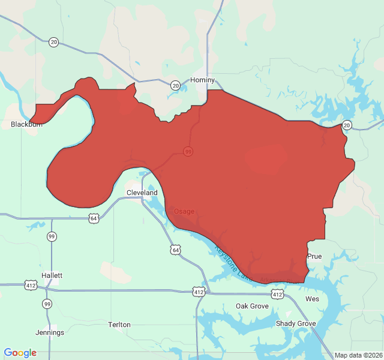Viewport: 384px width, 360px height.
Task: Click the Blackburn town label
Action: (26, 124)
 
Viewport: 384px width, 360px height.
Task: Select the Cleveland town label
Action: (142, 193)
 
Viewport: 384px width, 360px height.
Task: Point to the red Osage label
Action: (184, 211)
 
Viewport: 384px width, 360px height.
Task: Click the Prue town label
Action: (314, 256)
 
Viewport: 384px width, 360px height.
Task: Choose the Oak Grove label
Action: (252, 306)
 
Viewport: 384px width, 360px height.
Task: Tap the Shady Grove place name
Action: (296, 323)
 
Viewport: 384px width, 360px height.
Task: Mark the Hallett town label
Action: (52, 275)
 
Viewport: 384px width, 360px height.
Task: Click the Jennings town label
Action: (50, 332)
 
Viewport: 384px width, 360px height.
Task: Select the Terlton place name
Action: (119, 325)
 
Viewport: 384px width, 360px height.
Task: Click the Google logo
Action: (20, 353)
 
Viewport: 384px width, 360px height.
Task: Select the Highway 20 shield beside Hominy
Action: (175, 85)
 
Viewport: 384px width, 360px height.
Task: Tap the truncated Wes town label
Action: (312, 298)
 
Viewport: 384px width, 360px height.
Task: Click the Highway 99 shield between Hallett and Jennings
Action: (47, 304)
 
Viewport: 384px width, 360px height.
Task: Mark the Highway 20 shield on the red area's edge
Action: (347, 125)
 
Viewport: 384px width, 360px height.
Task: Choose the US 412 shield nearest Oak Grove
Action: (277, 294)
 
